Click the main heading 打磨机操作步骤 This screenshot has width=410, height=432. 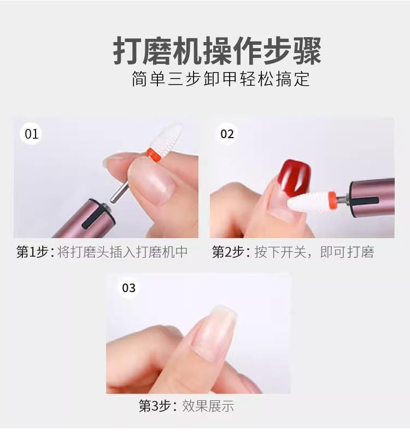click(217, 51)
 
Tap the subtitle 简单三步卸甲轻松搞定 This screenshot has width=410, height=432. click(220, 79)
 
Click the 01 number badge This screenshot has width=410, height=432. click(31, 134)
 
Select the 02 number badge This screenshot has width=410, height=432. click(227, 134)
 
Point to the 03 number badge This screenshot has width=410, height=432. click(128, 288)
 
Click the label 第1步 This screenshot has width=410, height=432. click(33, 252)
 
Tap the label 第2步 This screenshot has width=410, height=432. click(229, 252)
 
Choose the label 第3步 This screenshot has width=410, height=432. click(155, 406)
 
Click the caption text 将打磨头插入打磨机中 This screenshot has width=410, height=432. click(122, 252)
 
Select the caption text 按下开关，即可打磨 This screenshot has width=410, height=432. click(314, 252)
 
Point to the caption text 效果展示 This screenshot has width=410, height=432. click(208, 406)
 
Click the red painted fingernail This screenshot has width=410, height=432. click(294, 176)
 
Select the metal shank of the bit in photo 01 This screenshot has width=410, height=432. click(119, 192)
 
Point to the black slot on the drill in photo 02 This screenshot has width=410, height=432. click(365, 201)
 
